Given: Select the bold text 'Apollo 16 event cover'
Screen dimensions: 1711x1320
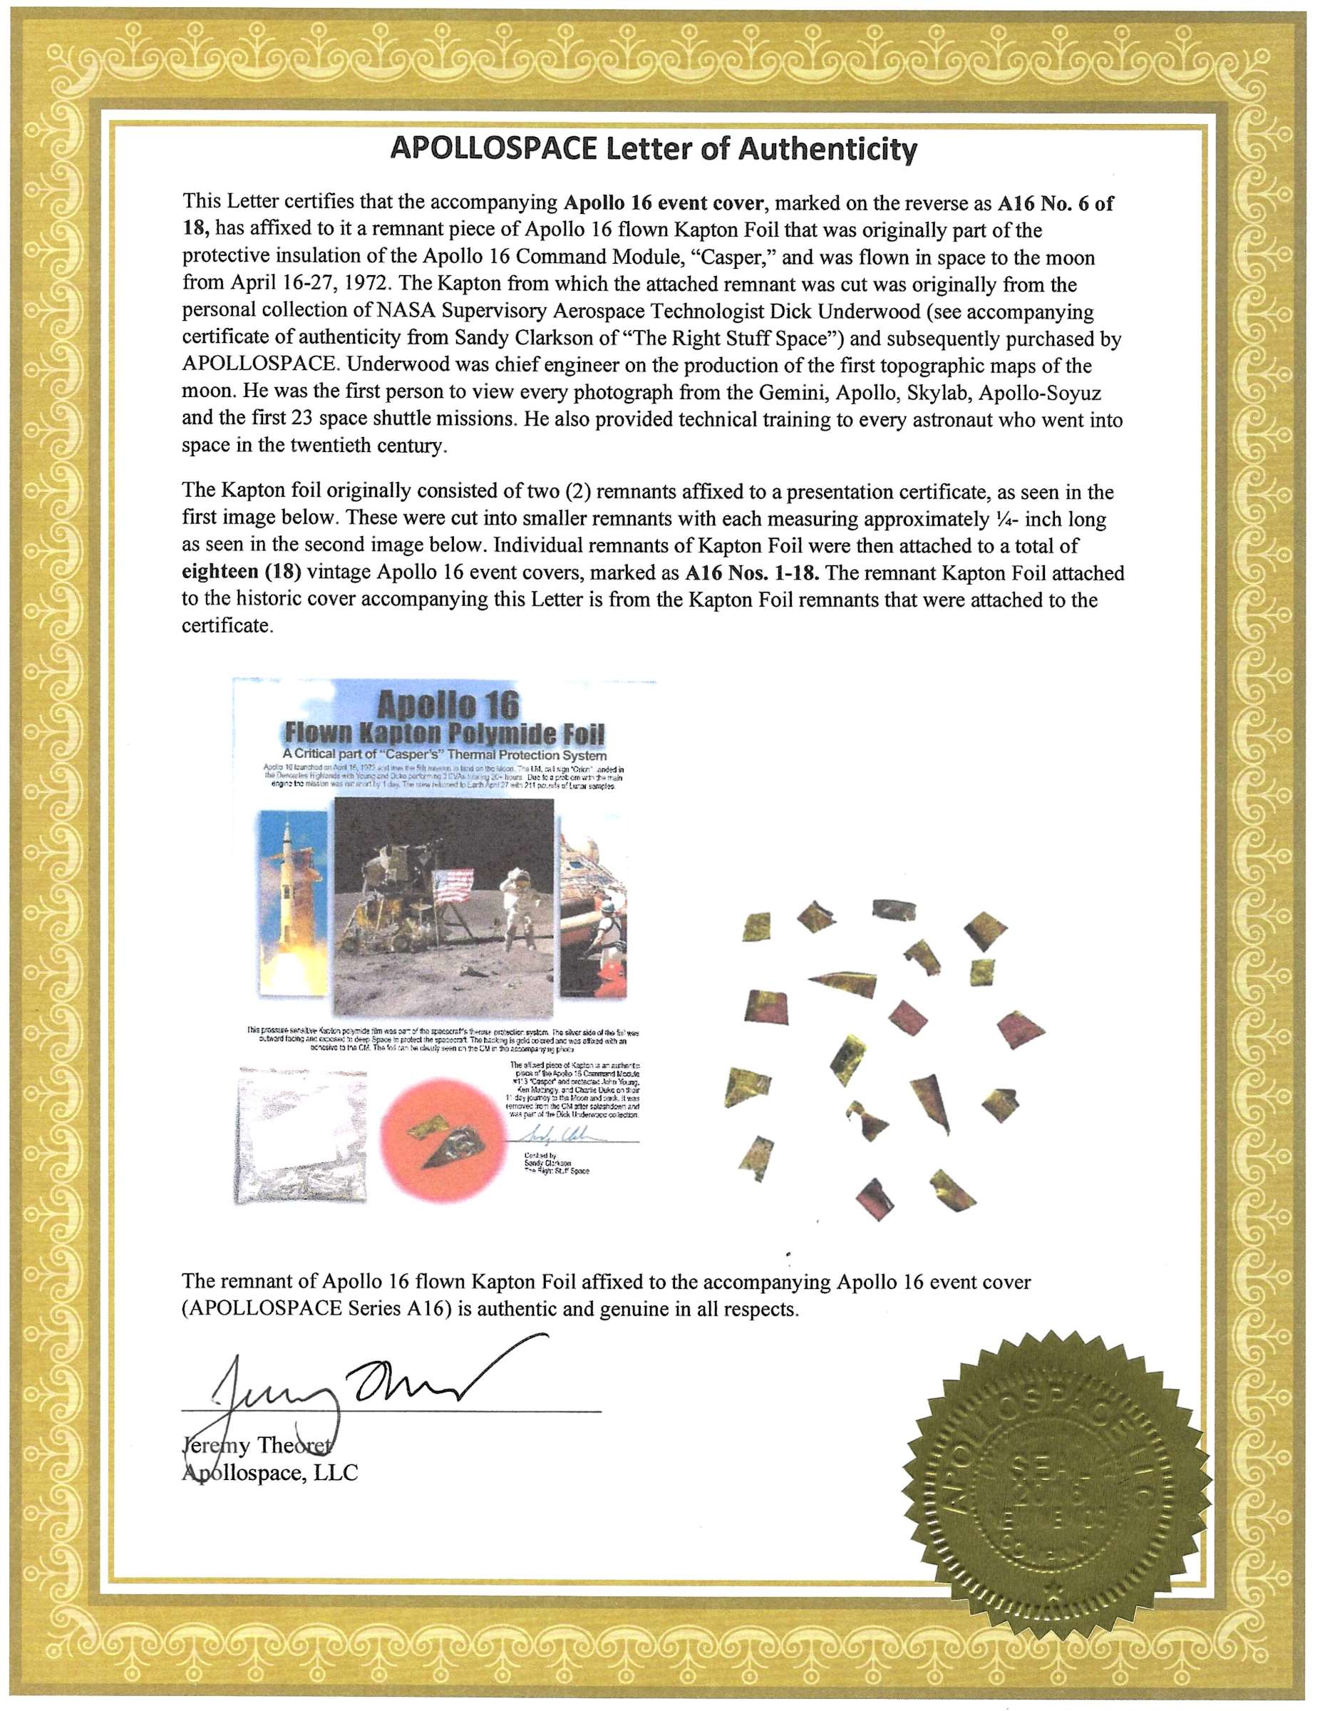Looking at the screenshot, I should pyautogui.click(x=663, y=203).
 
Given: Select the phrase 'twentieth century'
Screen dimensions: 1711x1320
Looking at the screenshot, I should pyautogui.click(x=377, y=446).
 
